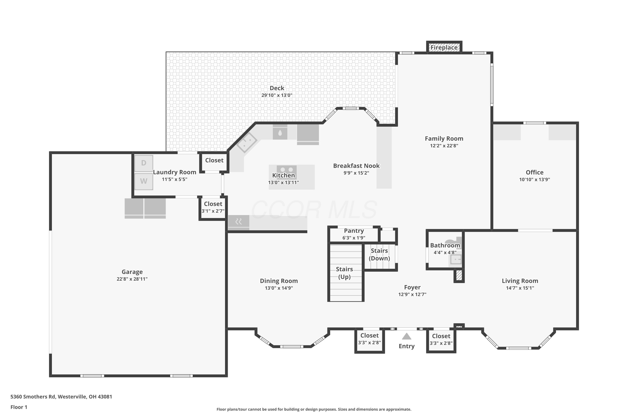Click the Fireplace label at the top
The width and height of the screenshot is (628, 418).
coord(444,48)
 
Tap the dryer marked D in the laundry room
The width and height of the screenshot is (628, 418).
coord(144,163)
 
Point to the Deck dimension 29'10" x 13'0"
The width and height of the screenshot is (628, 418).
coord(277,95)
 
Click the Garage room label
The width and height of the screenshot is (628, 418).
coord(132,272)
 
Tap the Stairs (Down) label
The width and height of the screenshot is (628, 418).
coord(379,254)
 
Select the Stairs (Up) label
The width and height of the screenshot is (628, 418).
coord(344,273)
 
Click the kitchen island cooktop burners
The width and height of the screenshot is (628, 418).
coord(287,169)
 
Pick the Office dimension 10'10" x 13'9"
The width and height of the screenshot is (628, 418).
coord(535,179)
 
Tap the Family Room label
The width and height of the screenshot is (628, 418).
coord(444,138)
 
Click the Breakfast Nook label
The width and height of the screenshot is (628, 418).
coord(356,166)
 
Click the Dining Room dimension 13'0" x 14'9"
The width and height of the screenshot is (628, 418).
coord(279,288)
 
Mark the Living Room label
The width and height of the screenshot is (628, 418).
coord(520,281)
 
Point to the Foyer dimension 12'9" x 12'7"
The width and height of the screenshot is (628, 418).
coord(412,294)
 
